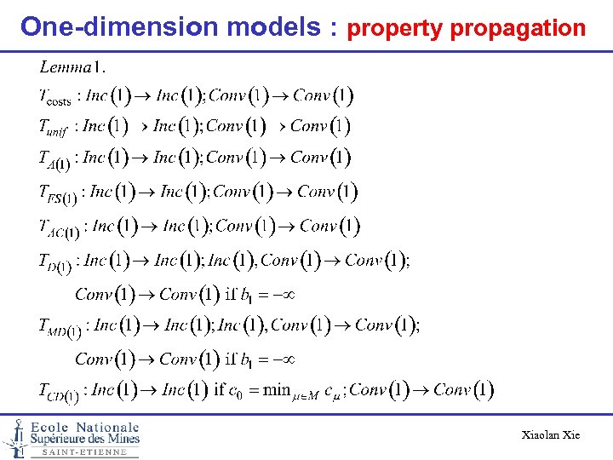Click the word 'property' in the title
point(395,29)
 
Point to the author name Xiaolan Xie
point(551,435)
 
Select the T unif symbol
point(53,129)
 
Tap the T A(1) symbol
point(54,160)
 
